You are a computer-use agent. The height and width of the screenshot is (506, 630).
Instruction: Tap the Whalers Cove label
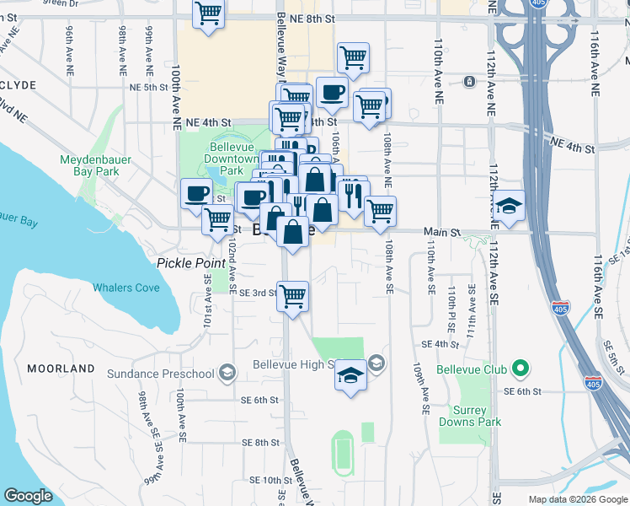click(125, 288)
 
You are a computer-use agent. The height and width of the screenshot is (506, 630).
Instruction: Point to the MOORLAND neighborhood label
click(61, 369)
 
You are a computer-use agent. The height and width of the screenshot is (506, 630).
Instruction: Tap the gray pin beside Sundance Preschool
click(227, 372)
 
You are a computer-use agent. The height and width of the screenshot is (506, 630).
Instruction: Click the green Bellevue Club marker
click(521, 369)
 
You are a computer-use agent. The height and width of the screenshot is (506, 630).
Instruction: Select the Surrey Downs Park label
click(469, 416)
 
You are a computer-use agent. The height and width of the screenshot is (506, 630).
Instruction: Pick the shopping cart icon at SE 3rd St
click(292, 297)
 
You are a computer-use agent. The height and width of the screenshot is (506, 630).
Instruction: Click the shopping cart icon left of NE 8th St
click(208, 13)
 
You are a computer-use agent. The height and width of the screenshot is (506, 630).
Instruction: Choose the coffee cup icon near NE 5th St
click(332, 93)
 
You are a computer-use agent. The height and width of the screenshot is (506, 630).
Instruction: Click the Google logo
click(28, 496)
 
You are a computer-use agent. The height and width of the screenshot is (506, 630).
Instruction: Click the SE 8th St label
click(259, 442)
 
